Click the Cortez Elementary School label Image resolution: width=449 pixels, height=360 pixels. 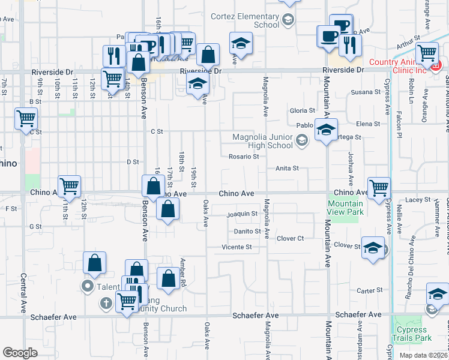[244, 20]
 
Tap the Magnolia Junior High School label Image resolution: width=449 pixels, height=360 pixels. [262, 141]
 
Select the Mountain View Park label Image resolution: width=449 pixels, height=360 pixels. [346, 208]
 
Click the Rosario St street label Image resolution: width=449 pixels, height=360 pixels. [243, 157]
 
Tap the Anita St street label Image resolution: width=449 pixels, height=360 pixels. [287, 169]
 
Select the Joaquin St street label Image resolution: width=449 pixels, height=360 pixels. [242, 214]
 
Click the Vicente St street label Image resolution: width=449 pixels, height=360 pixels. [237, 247]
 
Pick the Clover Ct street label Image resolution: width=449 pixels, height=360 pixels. [291, 238]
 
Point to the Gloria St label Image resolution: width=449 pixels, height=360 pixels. [303, 111]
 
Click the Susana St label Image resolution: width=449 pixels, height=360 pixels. [362, 92]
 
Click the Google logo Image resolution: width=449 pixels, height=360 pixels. [20, 353]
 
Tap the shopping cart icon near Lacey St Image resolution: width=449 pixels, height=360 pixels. [379, 188]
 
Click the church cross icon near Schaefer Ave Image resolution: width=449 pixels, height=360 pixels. [106, 303]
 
